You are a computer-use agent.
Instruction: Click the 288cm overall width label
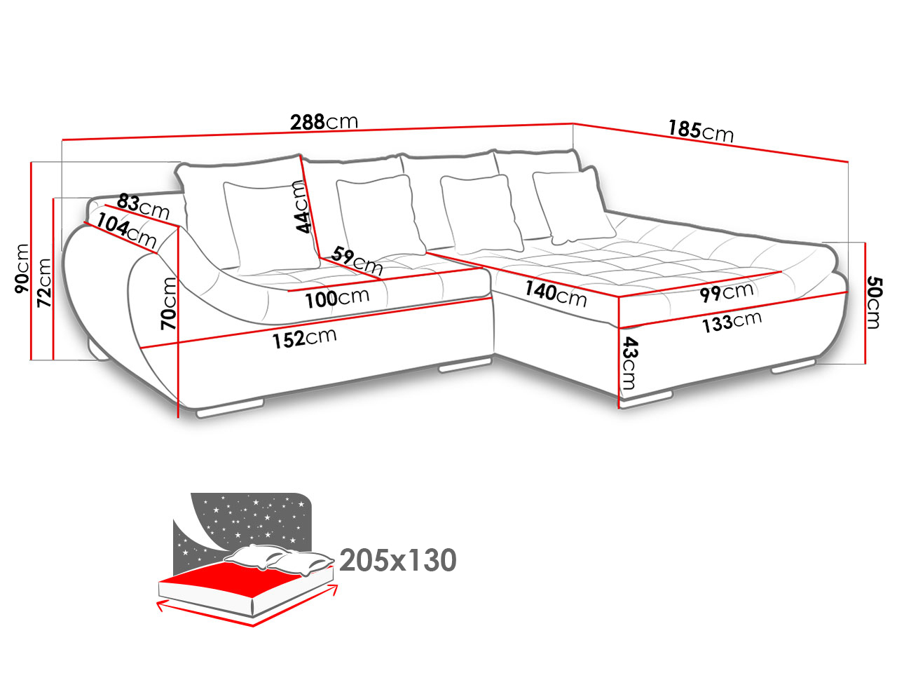pos(324,122)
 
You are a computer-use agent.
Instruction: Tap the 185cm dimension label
pos(701,131)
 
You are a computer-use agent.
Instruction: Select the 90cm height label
pos(22,268)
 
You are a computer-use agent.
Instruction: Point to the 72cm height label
pos(43,283)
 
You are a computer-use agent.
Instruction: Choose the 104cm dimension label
pos(126,231)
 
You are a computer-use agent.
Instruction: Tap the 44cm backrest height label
pos(303,206)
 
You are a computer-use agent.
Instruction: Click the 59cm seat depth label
pos(357,260)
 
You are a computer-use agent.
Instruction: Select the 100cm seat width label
pos(337,298)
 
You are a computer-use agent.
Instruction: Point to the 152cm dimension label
pos(304,338)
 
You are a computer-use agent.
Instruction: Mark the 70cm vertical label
pos(168,303)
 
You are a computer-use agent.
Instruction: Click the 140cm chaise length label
pos(556,294)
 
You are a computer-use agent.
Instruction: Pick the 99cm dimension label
pos(726,292)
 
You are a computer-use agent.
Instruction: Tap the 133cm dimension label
pos(732,322)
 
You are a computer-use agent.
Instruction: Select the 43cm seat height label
pos(629,363)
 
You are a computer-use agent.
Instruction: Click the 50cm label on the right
pos(875,302)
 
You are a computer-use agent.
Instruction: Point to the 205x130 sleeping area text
pos(397,560)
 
